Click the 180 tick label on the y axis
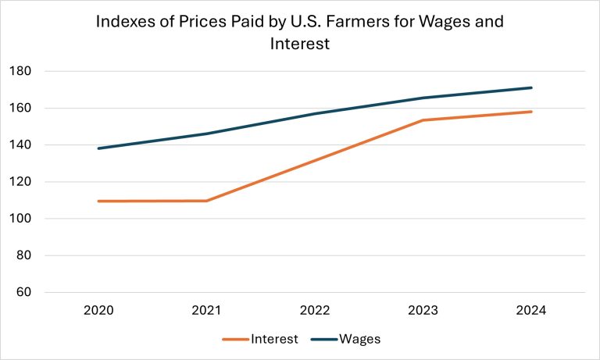pos(20,71)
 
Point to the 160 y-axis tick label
pos(20,108)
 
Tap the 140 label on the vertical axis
pos(20,144)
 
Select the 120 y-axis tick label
pos(20,182)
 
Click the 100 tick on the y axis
pos(20,219)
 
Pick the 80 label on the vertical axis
pos(23,255)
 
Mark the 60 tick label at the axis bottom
pos(23,292)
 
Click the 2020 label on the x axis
pos(98,310)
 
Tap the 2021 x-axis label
pos(206,310)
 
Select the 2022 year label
pos(315,310)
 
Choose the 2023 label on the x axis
pos(423,310)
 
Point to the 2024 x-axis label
pos(531,310)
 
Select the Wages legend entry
pos(360,339)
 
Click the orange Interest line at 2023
pos(423,120)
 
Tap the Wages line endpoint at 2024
pos(531,87)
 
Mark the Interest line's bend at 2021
pos(206,201)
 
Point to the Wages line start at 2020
pos(98,148)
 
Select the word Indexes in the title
pos(124,21)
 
